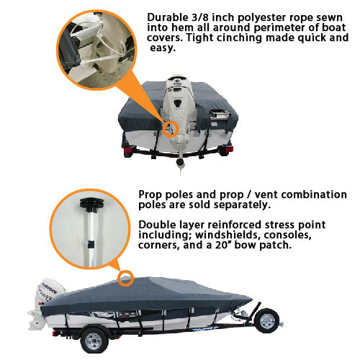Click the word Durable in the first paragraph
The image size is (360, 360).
click(x=168, y=17)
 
